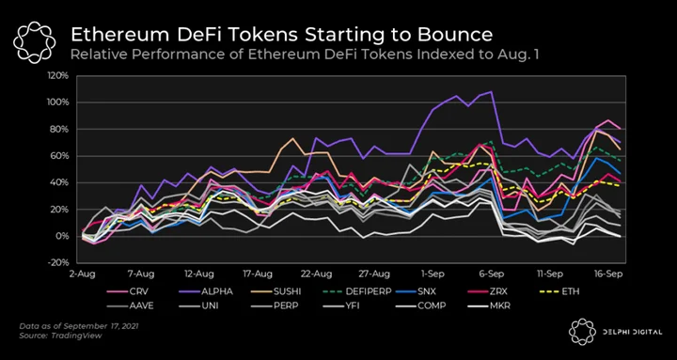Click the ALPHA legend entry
point(206,291)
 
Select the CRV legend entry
point(128,291)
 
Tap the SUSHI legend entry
point(276,291)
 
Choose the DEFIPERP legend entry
point(357,291)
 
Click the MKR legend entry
point(489,306)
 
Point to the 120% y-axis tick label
point(58,76)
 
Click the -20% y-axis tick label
point(58,263)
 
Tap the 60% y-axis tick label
point(60,156)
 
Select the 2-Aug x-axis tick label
point(83,274)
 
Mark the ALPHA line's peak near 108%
point(492,91)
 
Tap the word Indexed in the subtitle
point(402,55)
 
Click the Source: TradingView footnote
point(60,336)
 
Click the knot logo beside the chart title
point(34,42)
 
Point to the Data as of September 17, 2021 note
point(79,326)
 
